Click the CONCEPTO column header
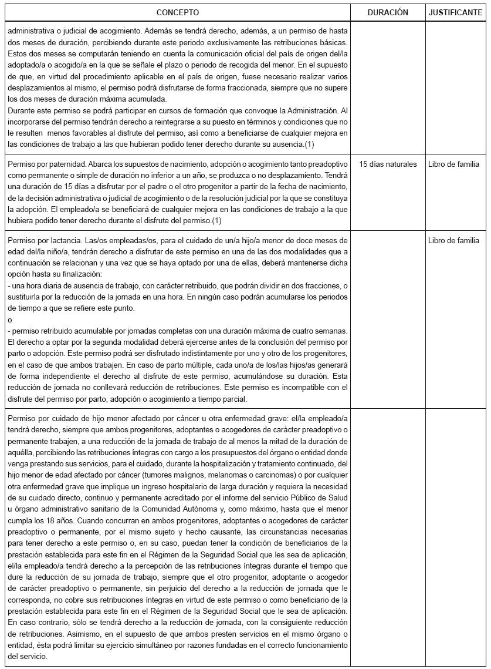coord(178,12)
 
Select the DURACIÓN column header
coord(388,12)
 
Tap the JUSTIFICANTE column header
coord(455,12)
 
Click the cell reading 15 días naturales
coord(388,164)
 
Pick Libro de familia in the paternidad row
coord(453,164)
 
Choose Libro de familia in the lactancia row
coord(453,240)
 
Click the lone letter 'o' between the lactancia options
coord(10,320)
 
